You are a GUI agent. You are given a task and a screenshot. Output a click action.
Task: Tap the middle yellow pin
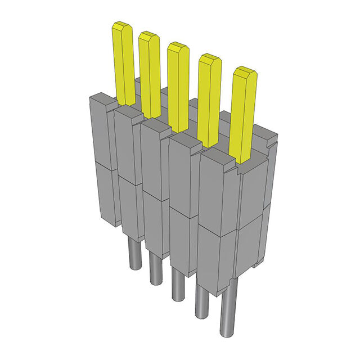[x=177, y=87]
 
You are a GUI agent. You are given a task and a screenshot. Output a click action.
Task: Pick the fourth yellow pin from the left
[x=209, y=101]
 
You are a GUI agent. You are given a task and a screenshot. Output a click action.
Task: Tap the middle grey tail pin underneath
[x=177, y=284]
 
